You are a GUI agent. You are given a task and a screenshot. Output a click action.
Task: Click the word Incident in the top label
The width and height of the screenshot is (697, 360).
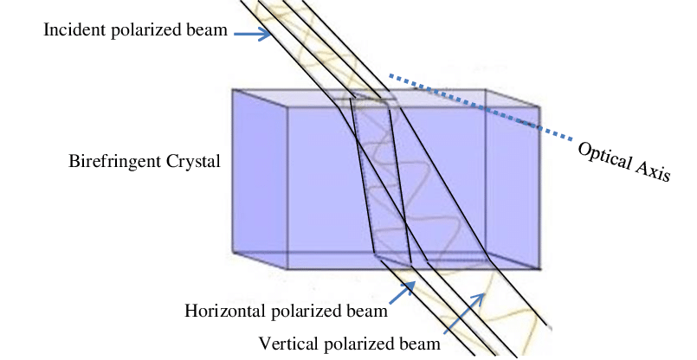pyautogui.click(x=74, y=29)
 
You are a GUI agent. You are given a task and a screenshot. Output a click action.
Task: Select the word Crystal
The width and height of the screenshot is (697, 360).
pyautogui.click(x=193, y=161)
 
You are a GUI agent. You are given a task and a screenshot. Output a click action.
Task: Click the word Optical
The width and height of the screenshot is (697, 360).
pyautogui.click(x=605, y=156)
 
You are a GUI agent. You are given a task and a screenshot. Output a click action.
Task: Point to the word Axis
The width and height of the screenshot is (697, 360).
pyautogui.click(x=653, y=171)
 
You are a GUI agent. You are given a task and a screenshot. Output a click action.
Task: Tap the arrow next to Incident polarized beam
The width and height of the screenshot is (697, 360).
pyautogui.click(x=252, y=34)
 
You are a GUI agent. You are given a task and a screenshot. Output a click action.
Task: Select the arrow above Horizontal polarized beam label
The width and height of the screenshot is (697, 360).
pyautogui.click(x=403, y=292)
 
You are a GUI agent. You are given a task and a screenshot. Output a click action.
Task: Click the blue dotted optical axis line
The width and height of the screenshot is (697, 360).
pyautogui.click(x=481, y=107)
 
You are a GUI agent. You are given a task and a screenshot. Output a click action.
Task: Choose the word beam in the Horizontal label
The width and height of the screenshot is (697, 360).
pyautogui.click(x=369, y=311)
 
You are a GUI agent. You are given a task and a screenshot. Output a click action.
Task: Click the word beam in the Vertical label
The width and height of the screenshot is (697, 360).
pyautogui.click(x=422, y=344)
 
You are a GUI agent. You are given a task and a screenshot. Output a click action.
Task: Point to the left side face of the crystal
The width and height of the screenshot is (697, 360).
pyautogui.click(x=260, y=178)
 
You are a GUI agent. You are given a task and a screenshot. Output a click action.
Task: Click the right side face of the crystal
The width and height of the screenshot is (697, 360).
pyautogui.click(x=513, y=178)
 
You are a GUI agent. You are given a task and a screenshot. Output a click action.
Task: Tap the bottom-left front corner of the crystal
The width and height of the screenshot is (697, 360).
pyautogui.click(x=288, y=269)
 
